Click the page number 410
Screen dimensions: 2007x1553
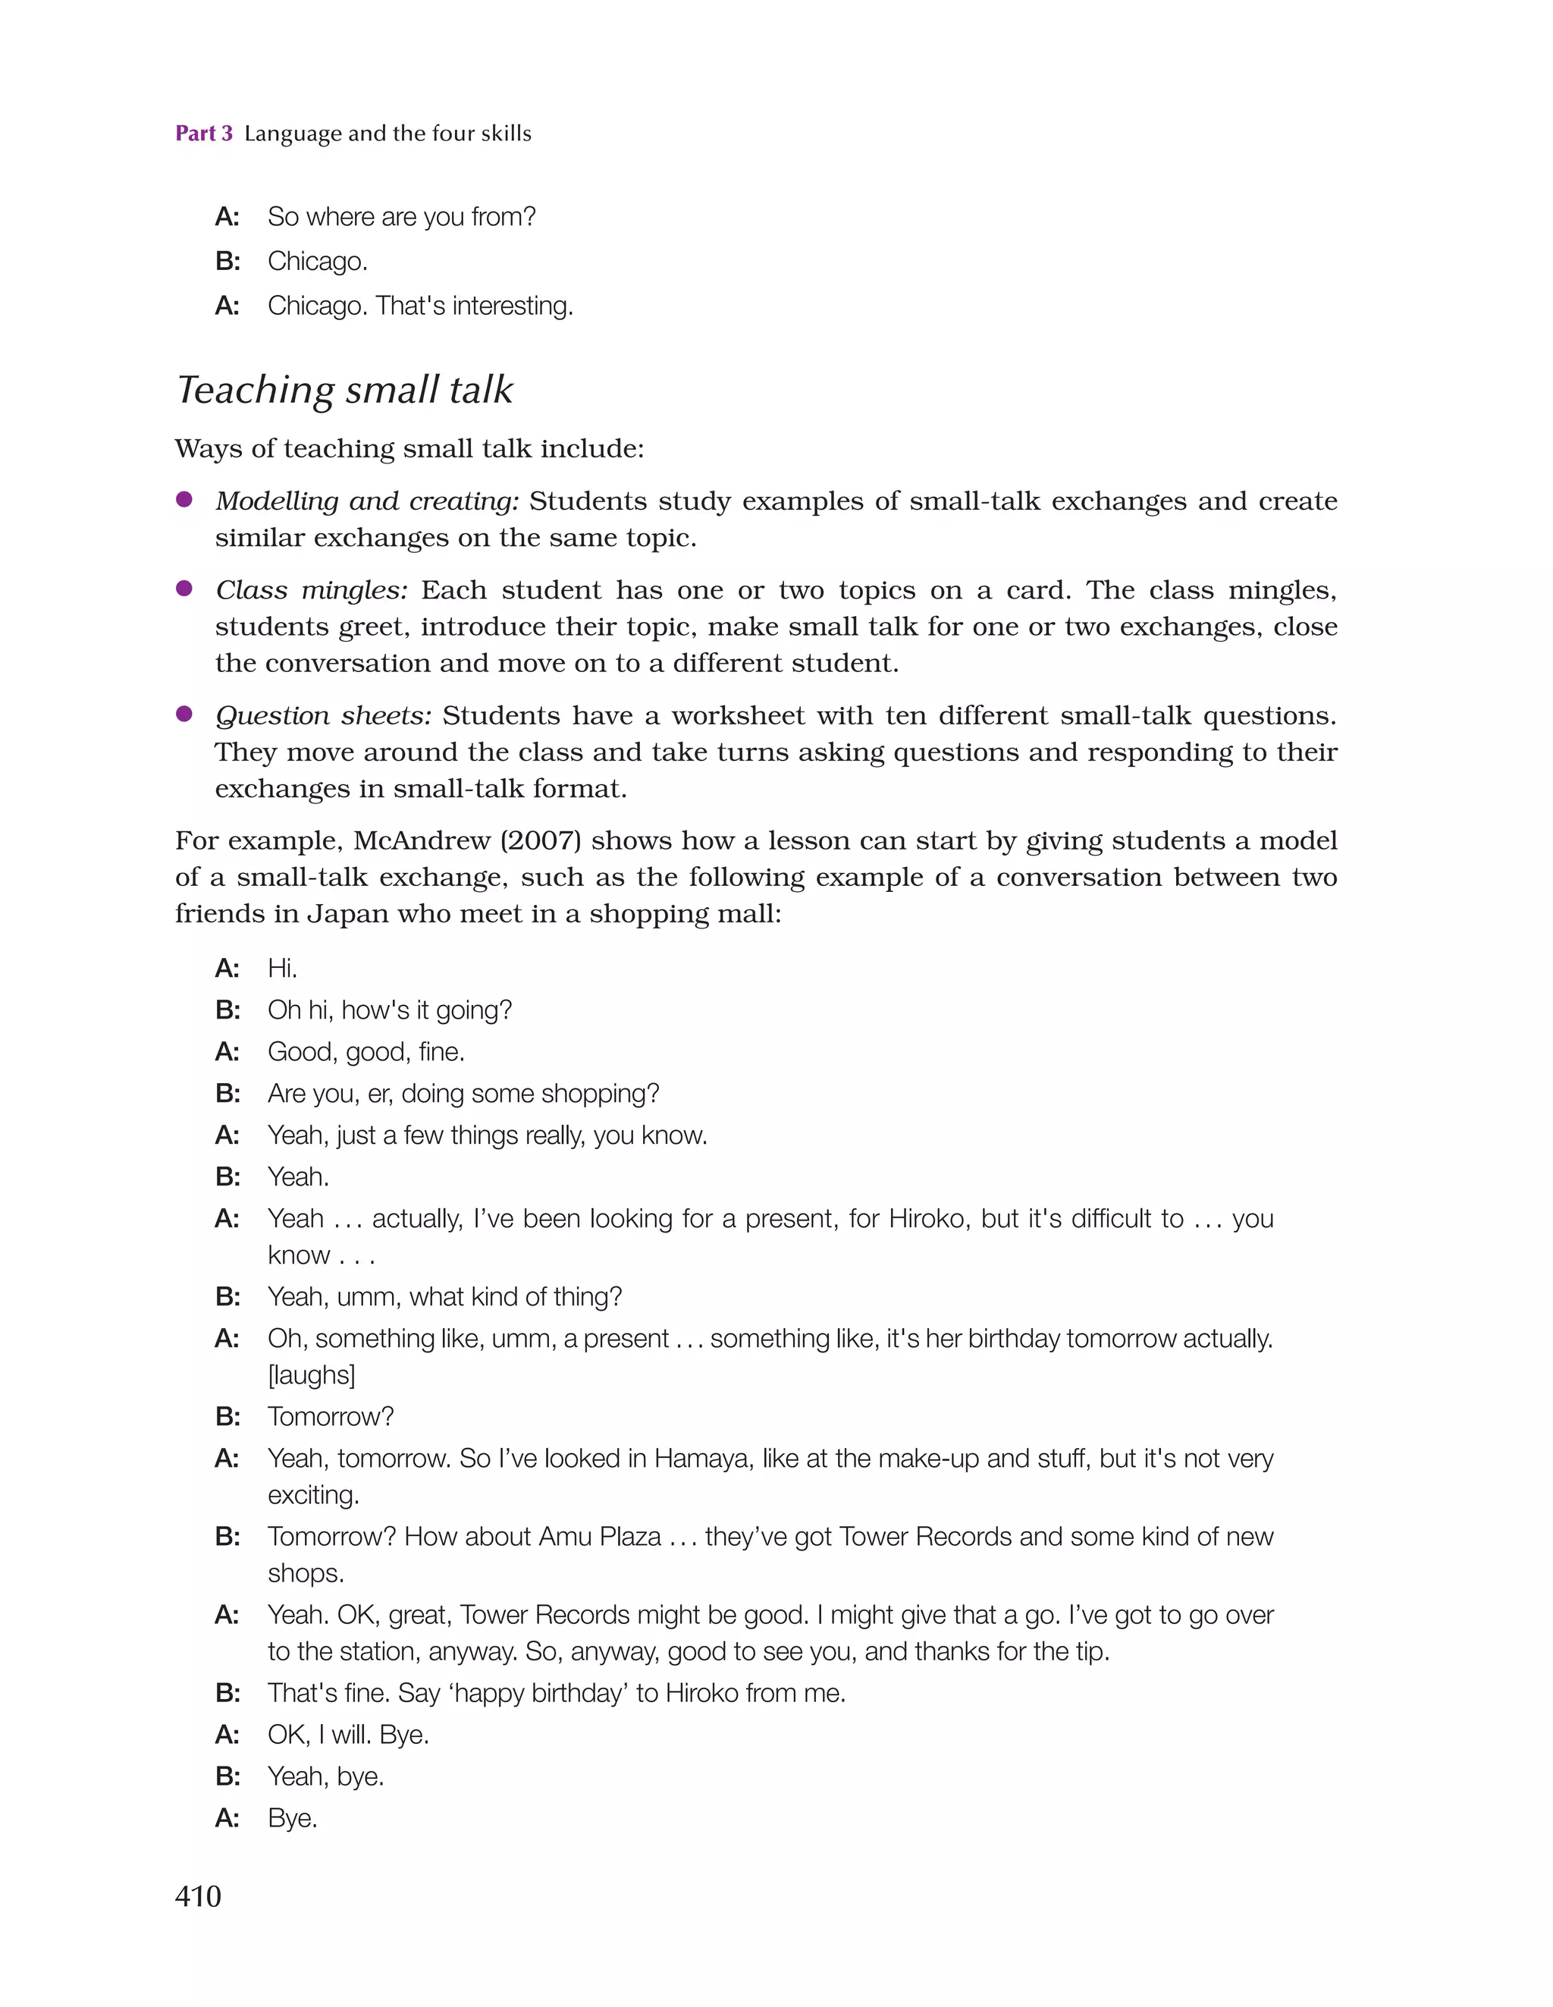198,1895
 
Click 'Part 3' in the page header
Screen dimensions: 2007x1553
204,133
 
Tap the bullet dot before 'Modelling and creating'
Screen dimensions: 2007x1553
184,499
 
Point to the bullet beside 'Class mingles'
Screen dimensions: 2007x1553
184,588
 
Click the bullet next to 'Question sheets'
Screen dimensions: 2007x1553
184,714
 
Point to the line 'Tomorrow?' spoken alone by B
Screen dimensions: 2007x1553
330,1416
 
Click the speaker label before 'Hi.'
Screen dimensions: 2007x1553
227,968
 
